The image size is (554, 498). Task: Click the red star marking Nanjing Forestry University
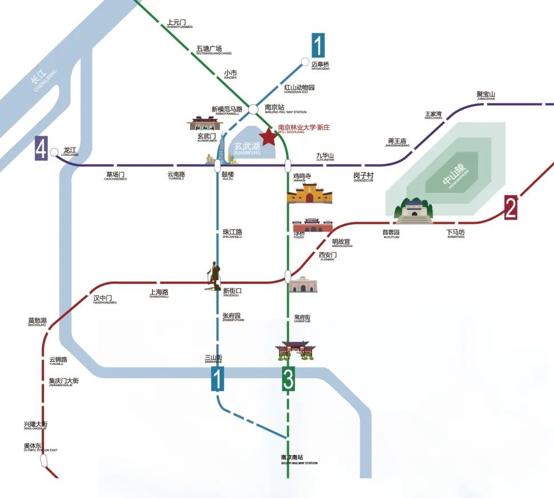[x=268, y=136]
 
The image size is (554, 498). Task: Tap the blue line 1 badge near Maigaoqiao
[x=318, y=45]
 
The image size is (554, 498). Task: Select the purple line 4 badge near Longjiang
[x=41, y=148]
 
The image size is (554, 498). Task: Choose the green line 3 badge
[x=289, y=379]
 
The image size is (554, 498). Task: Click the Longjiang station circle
[x=54, y=152]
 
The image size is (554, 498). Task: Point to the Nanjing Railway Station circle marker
[x=253, y=108]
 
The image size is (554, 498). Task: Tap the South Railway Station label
[x=299, y=459]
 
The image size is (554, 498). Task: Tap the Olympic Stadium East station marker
[x=43, y=460]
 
